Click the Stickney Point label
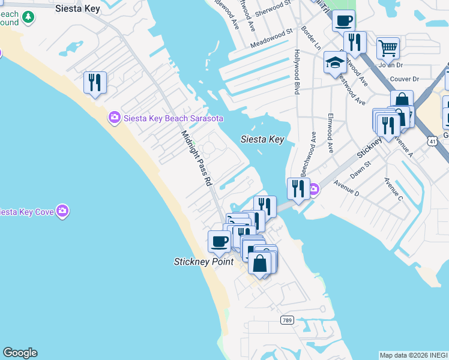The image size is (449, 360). click(203, 262)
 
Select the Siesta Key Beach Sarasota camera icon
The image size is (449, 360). click(114, 118)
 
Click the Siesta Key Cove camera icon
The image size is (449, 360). click(62, 211)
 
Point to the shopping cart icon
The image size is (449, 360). click(388, 48)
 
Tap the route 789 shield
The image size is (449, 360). click(286, 321)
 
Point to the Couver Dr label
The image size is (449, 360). click(404, 79)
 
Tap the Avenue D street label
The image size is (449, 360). click(346, 188)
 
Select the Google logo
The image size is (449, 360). click(20, 353)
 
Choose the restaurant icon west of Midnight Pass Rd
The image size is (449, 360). click(95, 82)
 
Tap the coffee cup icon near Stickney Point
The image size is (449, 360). click(218, 241)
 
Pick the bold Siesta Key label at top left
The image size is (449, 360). click(77, 8)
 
